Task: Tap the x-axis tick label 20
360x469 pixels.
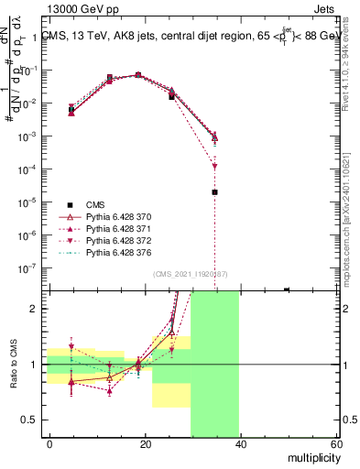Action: [x=146, y=444]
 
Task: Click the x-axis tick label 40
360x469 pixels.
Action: [x=242, y=444]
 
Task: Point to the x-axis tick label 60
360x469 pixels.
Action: [x=336, y=444]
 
